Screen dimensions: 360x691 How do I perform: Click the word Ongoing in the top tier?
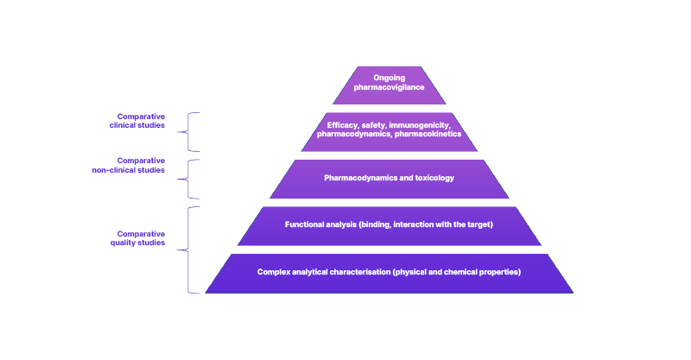[x=389, y=78]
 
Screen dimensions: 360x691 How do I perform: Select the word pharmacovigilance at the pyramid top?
[x=389, y=87]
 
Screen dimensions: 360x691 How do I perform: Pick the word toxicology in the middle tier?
[x=434, y=178]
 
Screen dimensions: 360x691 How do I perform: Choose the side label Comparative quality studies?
[x=141, y=237]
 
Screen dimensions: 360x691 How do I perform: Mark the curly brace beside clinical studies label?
[x=192, y=132]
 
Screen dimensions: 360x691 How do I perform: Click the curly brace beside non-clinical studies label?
[x=192, y=179]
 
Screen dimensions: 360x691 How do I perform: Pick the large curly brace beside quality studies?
[x=192, y=249]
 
